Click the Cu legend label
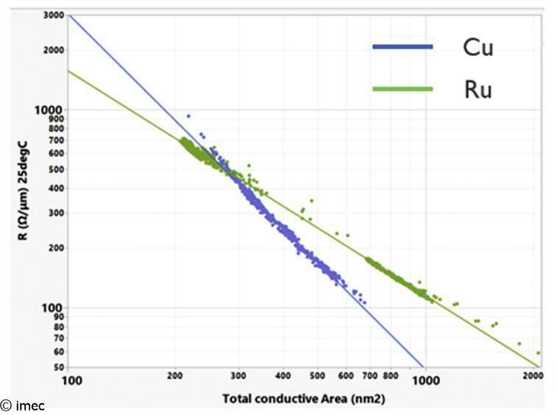478,49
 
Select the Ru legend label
478,90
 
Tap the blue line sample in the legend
402,48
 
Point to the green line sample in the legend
402,89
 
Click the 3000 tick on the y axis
53,15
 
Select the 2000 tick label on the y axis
53,50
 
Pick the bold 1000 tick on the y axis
52,109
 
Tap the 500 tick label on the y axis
55,169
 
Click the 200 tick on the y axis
55,247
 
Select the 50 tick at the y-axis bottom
57,366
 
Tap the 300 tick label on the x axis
238,375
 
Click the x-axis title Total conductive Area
304,399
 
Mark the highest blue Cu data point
188,116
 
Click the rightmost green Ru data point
539,352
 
